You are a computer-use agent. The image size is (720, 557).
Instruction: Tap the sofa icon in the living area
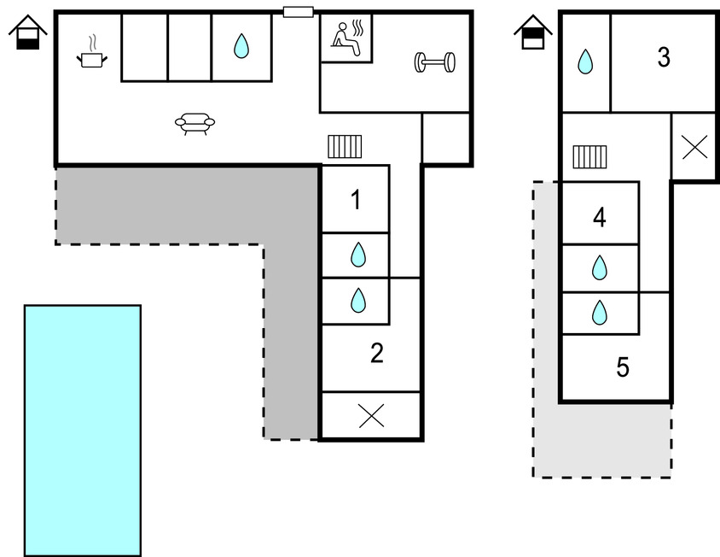(x=195, y=125)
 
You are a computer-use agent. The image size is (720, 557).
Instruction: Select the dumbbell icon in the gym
(x=435, y=62)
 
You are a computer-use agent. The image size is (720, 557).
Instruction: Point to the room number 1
(x=356, y=201)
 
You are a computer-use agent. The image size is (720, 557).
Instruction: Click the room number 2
(x=377, y=353)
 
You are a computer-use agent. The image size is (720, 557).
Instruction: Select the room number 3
(x=664, y=58)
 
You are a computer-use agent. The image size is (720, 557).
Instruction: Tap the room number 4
(x=600, y=218)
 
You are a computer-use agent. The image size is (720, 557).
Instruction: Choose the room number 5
(x=623, y=367)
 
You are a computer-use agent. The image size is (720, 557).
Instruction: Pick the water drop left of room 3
(x=585, y=62)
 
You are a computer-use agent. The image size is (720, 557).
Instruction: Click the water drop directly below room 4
(x=600, y=268)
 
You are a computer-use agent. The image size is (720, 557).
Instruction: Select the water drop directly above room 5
(x=600, y=313)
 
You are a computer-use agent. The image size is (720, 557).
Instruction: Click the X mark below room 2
(x=371, y=416)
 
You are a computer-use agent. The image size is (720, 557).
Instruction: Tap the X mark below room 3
(x=694, y=148)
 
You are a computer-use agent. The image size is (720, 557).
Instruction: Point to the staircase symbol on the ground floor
(x=345, y=147)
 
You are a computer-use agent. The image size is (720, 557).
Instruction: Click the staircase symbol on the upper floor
(x=589, y=156)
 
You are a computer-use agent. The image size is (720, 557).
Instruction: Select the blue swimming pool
(x=82, y=430)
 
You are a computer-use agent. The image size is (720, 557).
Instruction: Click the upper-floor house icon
(x=533, y=32)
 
